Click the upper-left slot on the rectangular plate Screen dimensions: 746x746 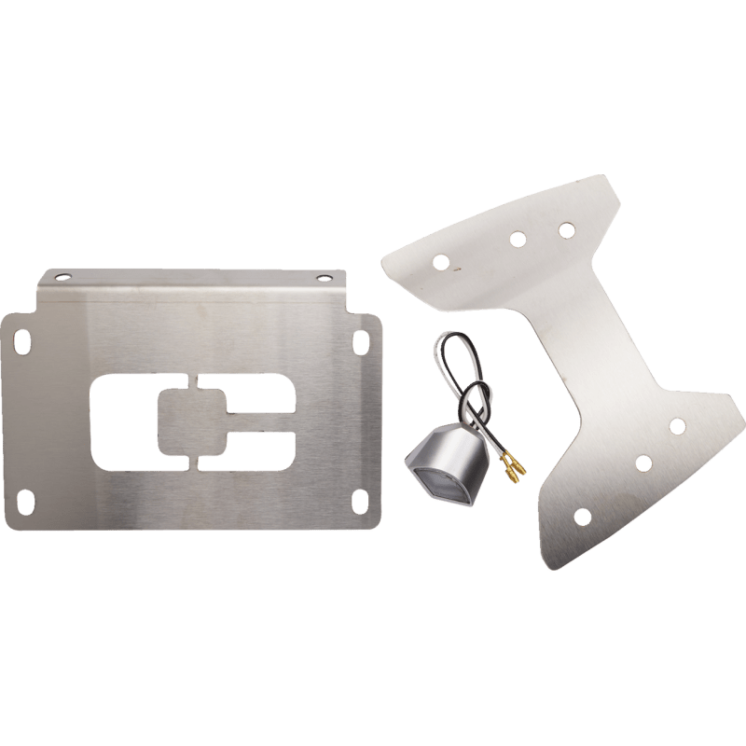point(19,339)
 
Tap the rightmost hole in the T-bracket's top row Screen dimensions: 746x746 point(563,227)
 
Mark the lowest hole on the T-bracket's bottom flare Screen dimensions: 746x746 point(582,514)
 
